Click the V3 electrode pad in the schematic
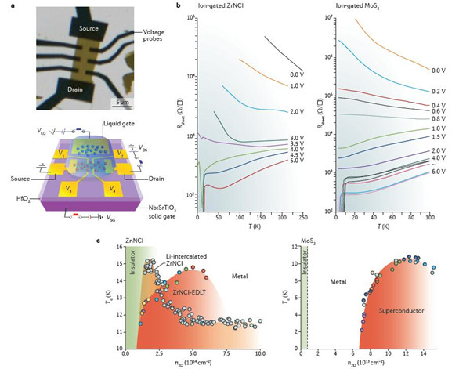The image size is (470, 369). point(67,189)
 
